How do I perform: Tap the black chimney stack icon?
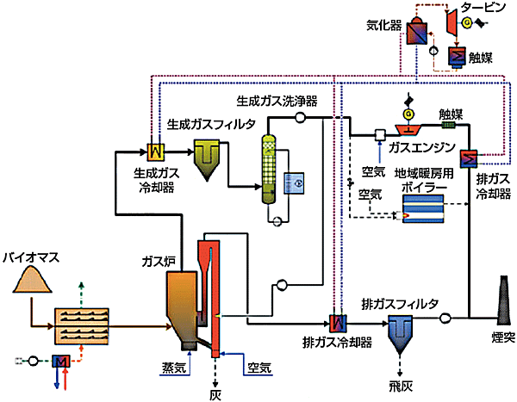(x=500, y=300)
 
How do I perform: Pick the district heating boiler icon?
(x=421, y=207)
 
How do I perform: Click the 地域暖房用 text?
(x=423, y=172)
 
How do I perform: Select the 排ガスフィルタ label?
(x=402, y=302)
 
